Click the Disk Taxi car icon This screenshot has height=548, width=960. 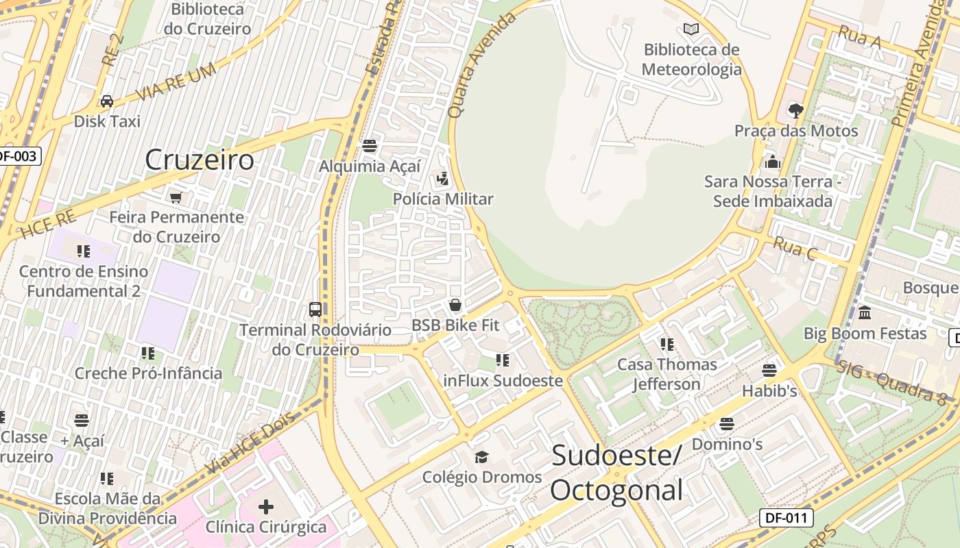[x=107, y=101]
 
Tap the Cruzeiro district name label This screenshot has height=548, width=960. [x=200, y=160]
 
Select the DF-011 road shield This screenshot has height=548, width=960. [x=786, y=518]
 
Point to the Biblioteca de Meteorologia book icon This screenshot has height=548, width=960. [x=691, y=29]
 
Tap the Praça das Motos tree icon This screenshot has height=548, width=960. [x=796, y=110]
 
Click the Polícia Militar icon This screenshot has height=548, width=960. [x=443, y=179]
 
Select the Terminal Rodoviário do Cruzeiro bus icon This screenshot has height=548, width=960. [x=315, y=310]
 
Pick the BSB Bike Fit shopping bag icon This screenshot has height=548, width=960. [x=455, y=305]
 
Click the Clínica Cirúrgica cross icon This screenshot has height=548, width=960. [x=266, y=507]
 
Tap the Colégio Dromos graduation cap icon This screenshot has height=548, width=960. [x=481, y=457]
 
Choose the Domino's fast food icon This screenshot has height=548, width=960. [x=727, y=424]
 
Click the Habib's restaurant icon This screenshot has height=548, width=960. [x=769, y=371]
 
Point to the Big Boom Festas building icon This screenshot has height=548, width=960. [x=865, y=313]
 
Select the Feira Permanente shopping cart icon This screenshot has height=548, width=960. [x=176, y=197]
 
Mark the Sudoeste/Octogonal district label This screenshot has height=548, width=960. [x=616, y=473]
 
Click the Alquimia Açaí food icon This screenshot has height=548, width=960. [x=370, y=145]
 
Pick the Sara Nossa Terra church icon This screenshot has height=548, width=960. [x=773, y=162]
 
